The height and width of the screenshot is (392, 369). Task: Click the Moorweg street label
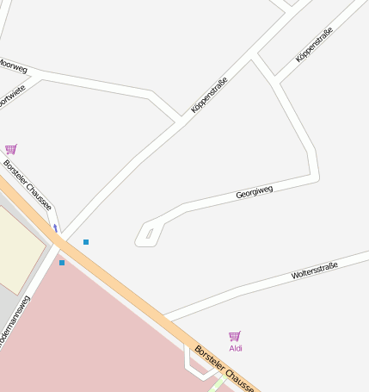[14, 65]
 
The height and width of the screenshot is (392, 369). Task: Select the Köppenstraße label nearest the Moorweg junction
[209, 96]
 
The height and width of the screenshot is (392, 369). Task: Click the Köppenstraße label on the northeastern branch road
[314, 46]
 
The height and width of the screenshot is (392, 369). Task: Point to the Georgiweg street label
[254, 191]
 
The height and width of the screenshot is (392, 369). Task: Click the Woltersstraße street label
[314, 271]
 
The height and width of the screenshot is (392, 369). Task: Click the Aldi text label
[236, 349]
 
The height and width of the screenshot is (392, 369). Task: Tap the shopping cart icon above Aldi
[234, 336]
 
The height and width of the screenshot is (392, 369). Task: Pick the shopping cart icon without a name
[10, 149]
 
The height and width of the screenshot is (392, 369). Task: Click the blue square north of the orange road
[86, 242]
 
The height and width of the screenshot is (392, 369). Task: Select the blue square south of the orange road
[62, 262]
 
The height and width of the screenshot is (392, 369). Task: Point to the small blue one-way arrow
[56, 228]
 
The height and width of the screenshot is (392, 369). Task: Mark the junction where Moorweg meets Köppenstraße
[179, 119]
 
